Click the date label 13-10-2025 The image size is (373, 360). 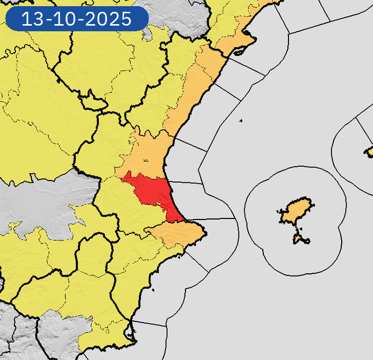point(77,19)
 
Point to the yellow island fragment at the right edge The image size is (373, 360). point(369,151)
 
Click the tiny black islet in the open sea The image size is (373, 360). point(241,121)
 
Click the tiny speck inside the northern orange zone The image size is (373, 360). point(145,160)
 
